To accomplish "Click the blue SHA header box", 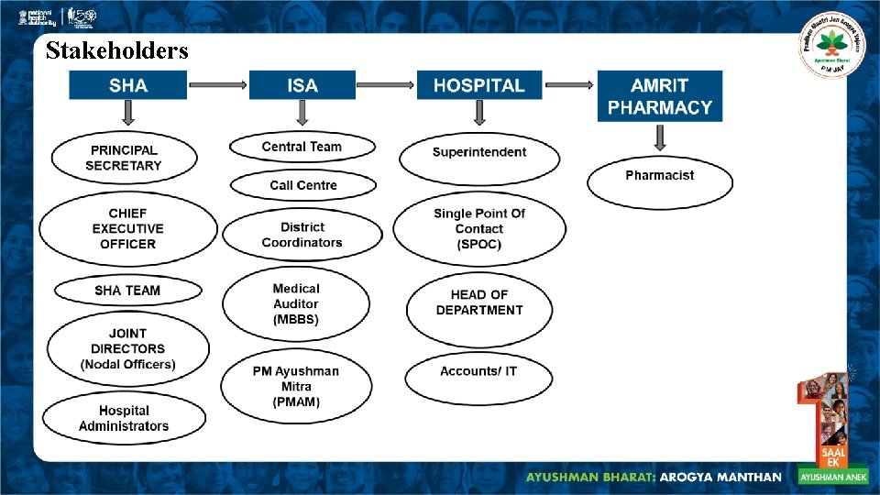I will pyautogui.click(x=128, y=85).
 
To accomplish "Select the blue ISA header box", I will pyautogui.click(x=302, y=85).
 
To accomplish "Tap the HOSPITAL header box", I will pyautogui.click(x=478, y=85).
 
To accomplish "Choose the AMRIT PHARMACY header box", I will pyautogui.click(x=659, y=95).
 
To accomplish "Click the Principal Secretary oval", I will pyautogui.click(x=124, y=158).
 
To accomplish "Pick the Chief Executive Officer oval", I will pyautogui.click(x=128, y=228).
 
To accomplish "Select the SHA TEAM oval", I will pyautogui.click(x=127, y=291).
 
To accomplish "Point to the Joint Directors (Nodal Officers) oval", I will pyautogui.click(x=127, y=348).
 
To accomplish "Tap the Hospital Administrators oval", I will pyautogui.click(x=124, y=418).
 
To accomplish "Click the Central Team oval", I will pyautogui.click(x=302, y=147).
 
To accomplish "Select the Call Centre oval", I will pyautogui.click(x=302, y=185).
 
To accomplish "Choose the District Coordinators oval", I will pyautogui.click(x=302, y=235).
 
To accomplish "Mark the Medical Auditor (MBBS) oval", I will pyautogui.click(x=296, y=303).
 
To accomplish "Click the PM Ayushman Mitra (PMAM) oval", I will pyautogui.click(x=296, y=386).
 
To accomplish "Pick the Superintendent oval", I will pyautogui.click(x=478, y=152).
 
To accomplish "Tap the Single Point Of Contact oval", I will pyautogui.click(x=478, y=228).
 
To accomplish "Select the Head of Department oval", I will pyautogui.click(x=478, y=302).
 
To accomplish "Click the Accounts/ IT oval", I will pyautogui.click(x=478, y=371).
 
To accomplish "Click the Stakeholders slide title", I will pyautogui.click(x=116, y=50).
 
